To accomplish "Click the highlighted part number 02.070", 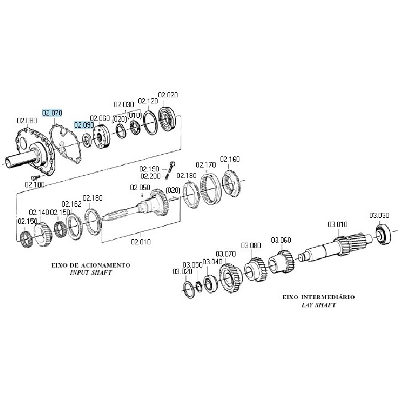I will pos(53,113).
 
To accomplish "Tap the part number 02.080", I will pos(27,121).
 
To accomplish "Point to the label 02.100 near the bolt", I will pos(35,185).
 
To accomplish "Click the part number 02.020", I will pos(168,95).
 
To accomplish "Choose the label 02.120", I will pos(148,101).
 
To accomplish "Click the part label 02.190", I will pos(149,169).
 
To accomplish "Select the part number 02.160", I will pos(230,160).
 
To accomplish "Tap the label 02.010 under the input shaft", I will pos(140,241).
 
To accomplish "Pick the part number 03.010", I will pos(338,224).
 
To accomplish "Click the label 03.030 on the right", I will pos(380,215).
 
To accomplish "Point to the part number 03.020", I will pos(182,271).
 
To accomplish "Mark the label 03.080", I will pos(250,245).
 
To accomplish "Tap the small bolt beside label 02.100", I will pos(32,176).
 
